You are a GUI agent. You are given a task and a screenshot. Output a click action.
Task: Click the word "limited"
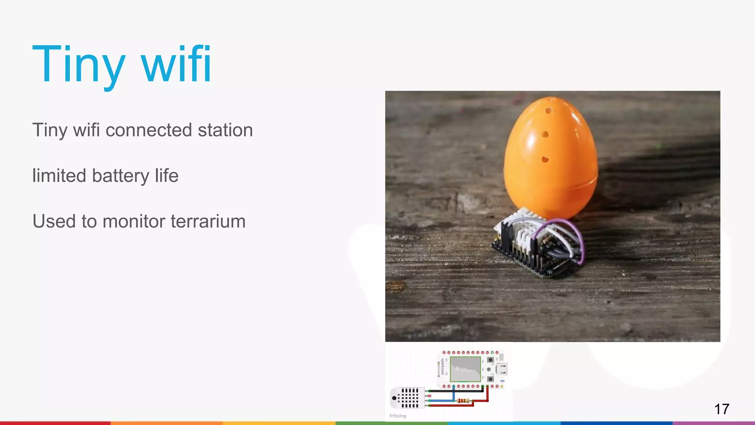pos(59,176)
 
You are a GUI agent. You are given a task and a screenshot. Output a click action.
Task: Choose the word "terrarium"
pos(208,221)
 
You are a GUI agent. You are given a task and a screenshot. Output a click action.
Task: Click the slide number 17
pos(721,409)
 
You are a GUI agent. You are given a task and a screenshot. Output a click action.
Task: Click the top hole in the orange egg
pos(549,110)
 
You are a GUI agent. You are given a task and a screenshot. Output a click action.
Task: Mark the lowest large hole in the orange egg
pos(545,159)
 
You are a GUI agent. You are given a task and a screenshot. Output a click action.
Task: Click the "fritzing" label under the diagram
pos(397,416)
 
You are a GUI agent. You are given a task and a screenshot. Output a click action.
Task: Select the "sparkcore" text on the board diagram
pos(442,366)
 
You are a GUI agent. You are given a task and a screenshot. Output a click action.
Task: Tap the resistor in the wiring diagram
pos(462,401)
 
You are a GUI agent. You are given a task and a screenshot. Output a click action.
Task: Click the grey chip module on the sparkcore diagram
pos(465,369)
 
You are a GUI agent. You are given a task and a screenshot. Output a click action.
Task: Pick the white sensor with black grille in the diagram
pos(407,398)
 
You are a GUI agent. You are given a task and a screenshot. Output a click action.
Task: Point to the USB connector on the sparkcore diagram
pos(502,369)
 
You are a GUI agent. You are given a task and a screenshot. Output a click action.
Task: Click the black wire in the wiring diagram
pos(457,391)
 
